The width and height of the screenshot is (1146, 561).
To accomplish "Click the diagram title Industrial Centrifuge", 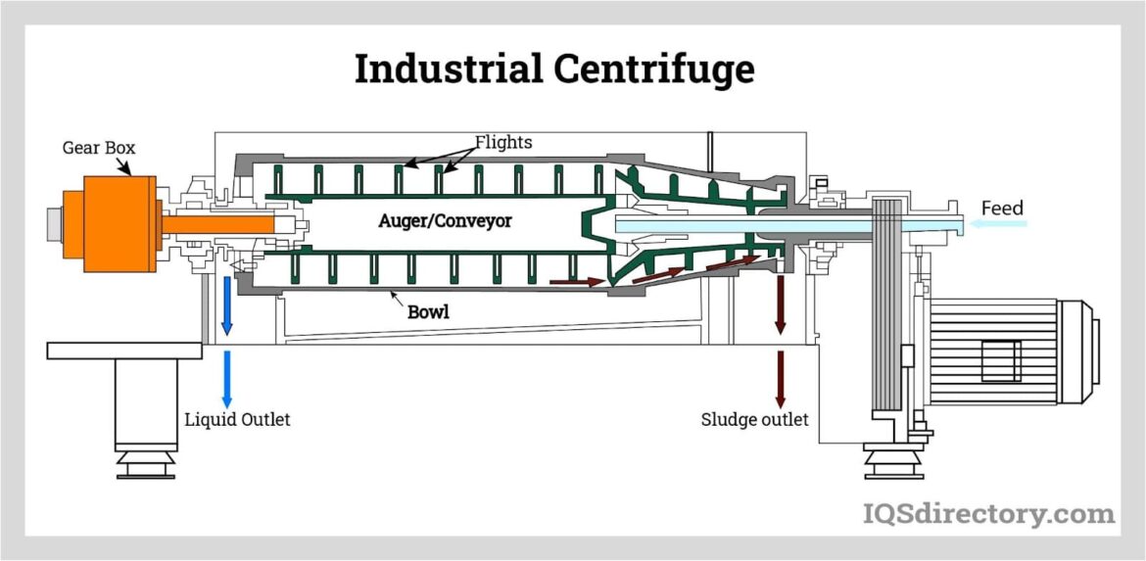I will pyautogui.click(x=554, y=70).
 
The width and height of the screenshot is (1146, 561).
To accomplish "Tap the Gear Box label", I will pyautogui.click(x=99, y=148).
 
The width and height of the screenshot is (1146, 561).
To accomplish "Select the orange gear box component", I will pyautogui.click(x=110, y=224).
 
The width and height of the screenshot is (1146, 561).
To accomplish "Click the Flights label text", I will pyautogui.click(x=503, y=142).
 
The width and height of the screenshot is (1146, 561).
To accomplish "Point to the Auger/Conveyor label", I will pyautogui.click(x=445, y=221).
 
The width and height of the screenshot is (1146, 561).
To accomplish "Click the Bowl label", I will pyautogui.click(x=429, y=313).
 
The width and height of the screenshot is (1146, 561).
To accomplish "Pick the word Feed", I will pyautogui.click(x=1002, y=208).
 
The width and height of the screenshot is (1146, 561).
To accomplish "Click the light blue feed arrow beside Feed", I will pyautogui.click(x=999, y=225).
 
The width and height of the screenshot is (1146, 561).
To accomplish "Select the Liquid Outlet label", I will pyautogui.click(x=238, y=420).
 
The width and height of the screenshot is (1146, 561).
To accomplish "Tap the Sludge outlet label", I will pyautogui.click(x=754, y=420).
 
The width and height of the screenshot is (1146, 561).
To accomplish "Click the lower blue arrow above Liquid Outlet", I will pyautogui.click(x=227, y=378).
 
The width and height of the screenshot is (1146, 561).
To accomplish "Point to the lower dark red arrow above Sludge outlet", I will pyautogui.click(x=781, y=378).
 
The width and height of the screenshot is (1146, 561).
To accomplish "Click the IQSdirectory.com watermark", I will pyautogui.click(x=988, y=513).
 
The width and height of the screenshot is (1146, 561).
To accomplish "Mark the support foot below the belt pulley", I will pyautogui.click(x=893, y=461).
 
